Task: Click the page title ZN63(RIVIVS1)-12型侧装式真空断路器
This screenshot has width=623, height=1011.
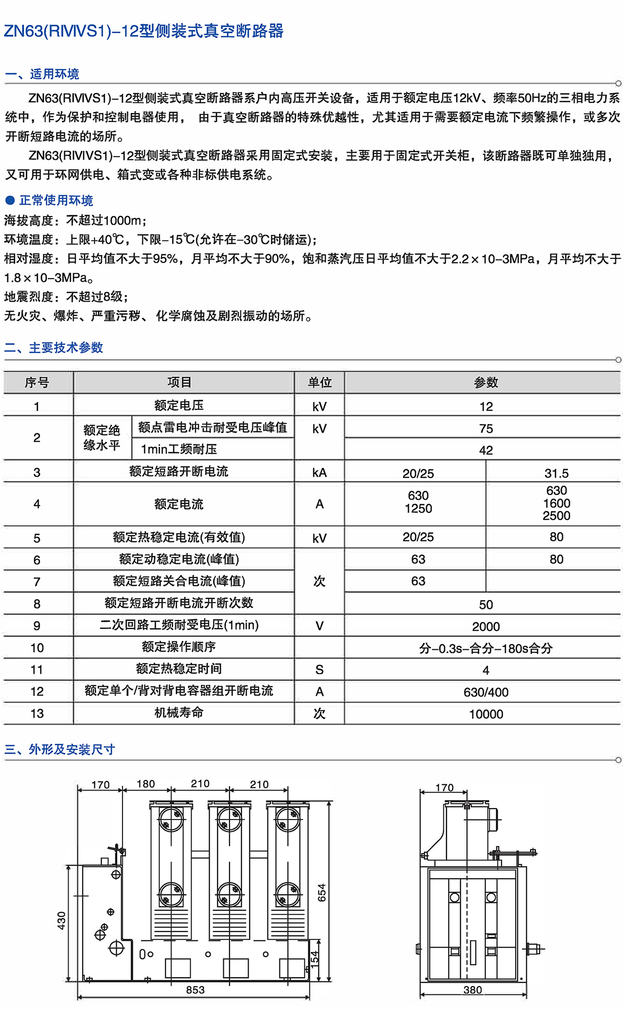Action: click(144, 31)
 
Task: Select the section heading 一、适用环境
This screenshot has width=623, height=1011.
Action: click(42, 74)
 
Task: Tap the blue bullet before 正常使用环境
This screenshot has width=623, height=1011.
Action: click(10, 200)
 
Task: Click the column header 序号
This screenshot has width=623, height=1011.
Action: click(37, 382)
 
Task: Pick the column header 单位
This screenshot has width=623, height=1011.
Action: click(319, 382)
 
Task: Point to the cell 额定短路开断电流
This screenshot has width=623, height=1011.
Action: click(179, 471)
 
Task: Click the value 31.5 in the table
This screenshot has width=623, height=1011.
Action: click(556, 473)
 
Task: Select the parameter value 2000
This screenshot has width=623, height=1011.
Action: click(486, 626)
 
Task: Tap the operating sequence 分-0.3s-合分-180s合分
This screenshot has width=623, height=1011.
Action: click(486, 648)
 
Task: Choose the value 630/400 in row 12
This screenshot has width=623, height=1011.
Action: click(486, 692)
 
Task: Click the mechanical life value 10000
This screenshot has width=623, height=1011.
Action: click(486, 714)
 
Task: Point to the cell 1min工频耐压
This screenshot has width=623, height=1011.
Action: click(179, 449)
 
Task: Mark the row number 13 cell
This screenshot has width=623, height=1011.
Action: click(37, 714)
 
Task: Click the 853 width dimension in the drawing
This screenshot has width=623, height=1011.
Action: click(195, 990)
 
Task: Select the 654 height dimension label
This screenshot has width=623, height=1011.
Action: click(322, 892)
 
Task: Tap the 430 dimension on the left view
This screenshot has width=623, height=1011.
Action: click(62, 921)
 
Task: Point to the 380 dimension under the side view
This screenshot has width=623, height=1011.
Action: click(472, 990)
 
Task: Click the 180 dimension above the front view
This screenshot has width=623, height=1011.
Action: click(146, 784)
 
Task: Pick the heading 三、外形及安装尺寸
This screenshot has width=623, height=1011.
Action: click(60, 749)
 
